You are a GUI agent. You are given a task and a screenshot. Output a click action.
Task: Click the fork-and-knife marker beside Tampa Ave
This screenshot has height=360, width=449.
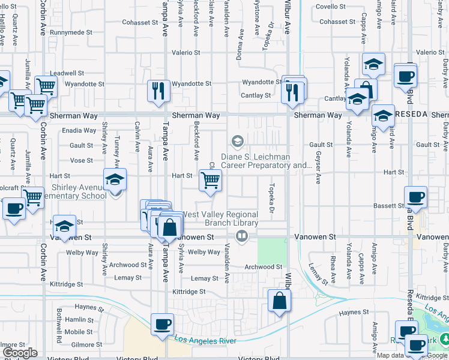[x=157, y=91]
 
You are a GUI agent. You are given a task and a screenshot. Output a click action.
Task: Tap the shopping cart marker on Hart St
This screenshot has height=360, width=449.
[x=210, y=180]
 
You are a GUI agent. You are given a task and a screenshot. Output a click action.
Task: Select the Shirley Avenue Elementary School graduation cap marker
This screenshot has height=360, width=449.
[x=115, y=179]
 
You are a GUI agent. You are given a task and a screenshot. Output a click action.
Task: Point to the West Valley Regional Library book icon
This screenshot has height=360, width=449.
[x=242, y=235]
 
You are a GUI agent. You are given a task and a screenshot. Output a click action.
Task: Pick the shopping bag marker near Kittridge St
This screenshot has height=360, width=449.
[x=280, y=300]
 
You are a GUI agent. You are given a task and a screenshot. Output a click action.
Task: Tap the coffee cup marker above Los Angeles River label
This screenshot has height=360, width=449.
[x=162, y=324]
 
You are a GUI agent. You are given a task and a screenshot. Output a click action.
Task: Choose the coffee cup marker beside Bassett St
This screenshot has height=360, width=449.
[x=415, y=197]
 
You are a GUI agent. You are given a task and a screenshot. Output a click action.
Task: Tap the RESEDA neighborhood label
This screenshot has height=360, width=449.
[x=411, y=114]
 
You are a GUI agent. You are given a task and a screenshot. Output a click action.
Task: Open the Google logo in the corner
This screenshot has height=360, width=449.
[x=20, y=353]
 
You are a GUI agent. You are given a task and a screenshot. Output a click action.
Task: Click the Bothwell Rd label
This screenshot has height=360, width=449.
[x=59, y=318]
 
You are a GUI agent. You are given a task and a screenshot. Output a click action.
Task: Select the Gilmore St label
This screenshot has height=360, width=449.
[x=83, y=345]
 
